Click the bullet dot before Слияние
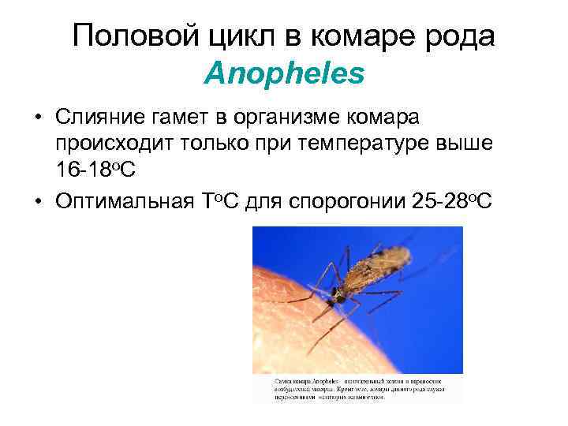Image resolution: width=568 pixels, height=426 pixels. (x=38, y=119)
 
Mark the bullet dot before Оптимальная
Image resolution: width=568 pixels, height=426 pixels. (x=38, y=202)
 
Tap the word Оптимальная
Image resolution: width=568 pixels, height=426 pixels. (x=123, y=201)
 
